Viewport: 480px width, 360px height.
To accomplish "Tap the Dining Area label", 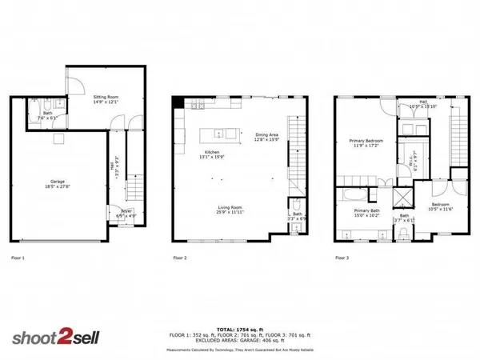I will (x=266, y=135).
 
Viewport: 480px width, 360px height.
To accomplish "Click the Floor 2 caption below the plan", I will (x=180, y=258).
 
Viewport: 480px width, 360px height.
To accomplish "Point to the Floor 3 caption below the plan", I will (x=342, y=258).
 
